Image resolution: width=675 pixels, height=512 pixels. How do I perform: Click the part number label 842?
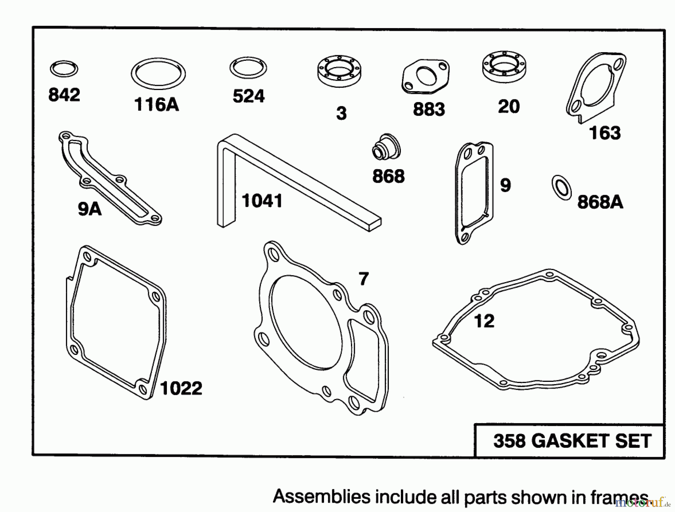coord(64,95)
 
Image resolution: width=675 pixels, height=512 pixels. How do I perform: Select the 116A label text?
coord(156,105)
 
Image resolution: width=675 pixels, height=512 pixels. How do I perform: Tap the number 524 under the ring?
coord(248,96)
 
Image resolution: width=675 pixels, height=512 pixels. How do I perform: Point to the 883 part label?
coord(429,110)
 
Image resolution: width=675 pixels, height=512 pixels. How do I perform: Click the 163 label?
coord(604,133)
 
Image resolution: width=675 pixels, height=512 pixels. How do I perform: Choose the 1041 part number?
coord(262,201)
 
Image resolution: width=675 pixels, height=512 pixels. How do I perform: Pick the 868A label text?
coord(600,203)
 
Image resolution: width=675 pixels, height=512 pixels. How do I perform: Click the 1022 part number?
coord(181,388)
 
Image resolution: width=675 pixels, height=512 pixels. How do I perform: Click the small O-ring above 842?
coord(64,69)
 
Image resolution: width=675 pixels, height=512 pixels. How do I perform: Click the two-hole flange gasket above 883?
coord(426,76)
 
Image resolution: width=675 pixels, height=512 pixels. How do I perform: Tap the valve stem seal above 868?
coord(386,147)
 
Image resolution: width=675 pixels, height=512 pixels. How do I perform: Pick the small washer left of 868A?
coord(561,187)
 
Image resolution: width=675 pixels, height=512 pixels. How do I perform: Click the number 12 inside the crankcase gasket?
coord(484,321)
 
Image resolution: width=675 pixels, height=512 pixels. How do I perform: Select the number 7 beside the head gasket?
coord(363,279)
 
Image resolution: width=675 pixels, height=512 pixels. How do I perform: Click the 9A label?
coord(90,209)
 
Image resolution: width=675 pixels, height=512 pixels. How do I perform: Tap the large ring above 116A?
coord(158,74)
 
